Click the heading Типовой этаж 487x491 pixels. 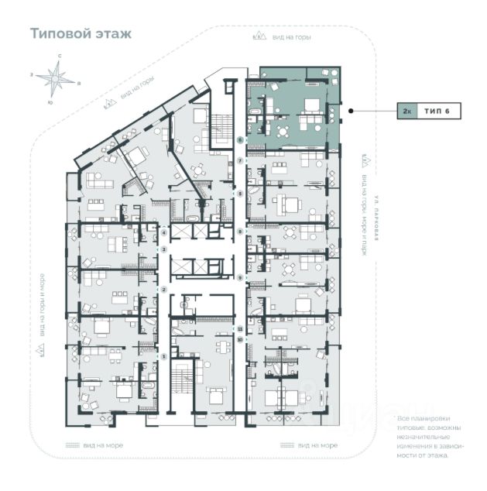81,34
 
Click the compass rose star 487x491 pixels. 56,78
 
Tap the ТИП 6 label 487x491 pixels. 442,112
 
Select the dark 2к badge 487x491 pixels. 406,112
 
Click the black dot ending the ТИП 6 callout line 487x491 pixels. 351,111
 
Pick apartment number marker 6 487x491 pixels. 241,139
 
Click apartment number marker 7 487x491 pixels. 241,160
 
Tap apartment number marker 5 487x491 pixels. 241,193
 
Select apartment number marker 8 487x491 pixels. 241,232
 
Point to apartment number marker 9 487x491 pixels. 241,277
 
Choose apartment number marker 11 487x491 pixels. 241,328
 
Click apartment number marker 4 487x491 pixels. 164,232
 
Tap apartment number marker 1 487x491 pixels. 164,355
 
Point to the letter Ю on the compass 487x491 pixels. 50,102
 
